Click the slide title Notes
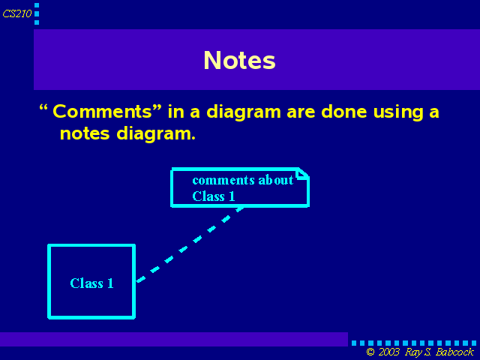tap(239, 60)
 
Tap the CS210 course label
tap(17, 13)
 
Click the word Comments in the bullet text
tap(102, 111)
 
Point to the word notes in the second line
tap(85, 133)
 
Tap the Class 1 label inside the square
tap(91, 283)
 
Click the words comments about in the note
tap(243, 180)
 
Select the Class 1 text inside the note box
tap(214, 196)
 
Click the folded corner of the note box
tap(303, 173)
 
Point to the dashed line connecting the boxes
tap(190, 244)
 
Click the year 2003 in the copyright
tap(388, 352)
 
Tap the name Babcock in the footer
tap(454, 352)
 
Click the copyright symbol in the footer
tap(370, 352)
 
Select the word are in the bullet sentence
tap(301, 112)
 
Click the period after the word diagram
tap(193, 138)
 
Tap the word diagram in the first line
tap(244, 112)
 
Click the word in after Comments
tap(176, 111)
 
